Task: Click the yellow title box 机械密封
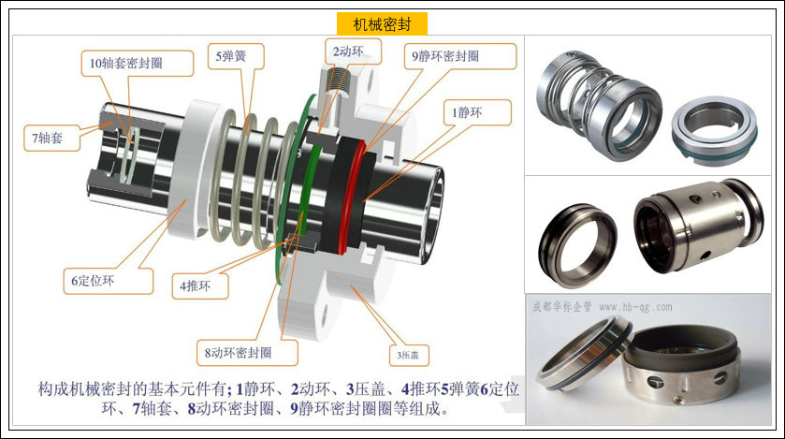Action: (382, 24)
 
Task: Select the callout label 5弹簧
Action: (236, 56)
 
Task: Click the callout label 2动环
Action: (353, 51)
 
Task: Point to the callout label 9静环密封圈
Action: (459, 56)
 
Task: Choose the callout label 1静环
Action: (477, 112)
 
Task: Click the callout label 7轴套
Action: (52, 139)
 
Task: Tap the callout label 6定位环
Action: (109, 281)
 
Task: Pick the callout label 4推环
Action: (200, 286)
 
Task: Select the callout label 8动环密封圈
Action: (247, 353)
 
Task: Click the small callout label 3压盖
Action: (409, 355)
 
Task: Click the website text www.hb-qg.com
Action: (635, 307)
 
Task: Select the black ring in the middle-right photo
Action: (578, 245)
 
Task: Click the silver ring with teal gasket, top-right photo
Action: (715, 130)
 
